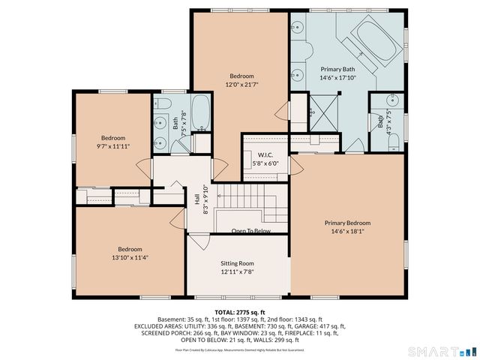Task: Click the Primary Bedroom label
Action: (347, 223)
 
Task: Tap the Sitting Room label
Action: (237, 263)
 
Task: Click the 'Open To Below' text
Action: (250, 231)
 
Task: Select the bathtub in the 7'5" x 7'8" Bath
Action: (200, 112)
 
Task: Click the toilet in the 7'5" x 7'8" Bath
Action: (166, 103)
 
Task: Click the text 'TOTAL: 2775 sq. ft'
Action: (239, 312)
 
